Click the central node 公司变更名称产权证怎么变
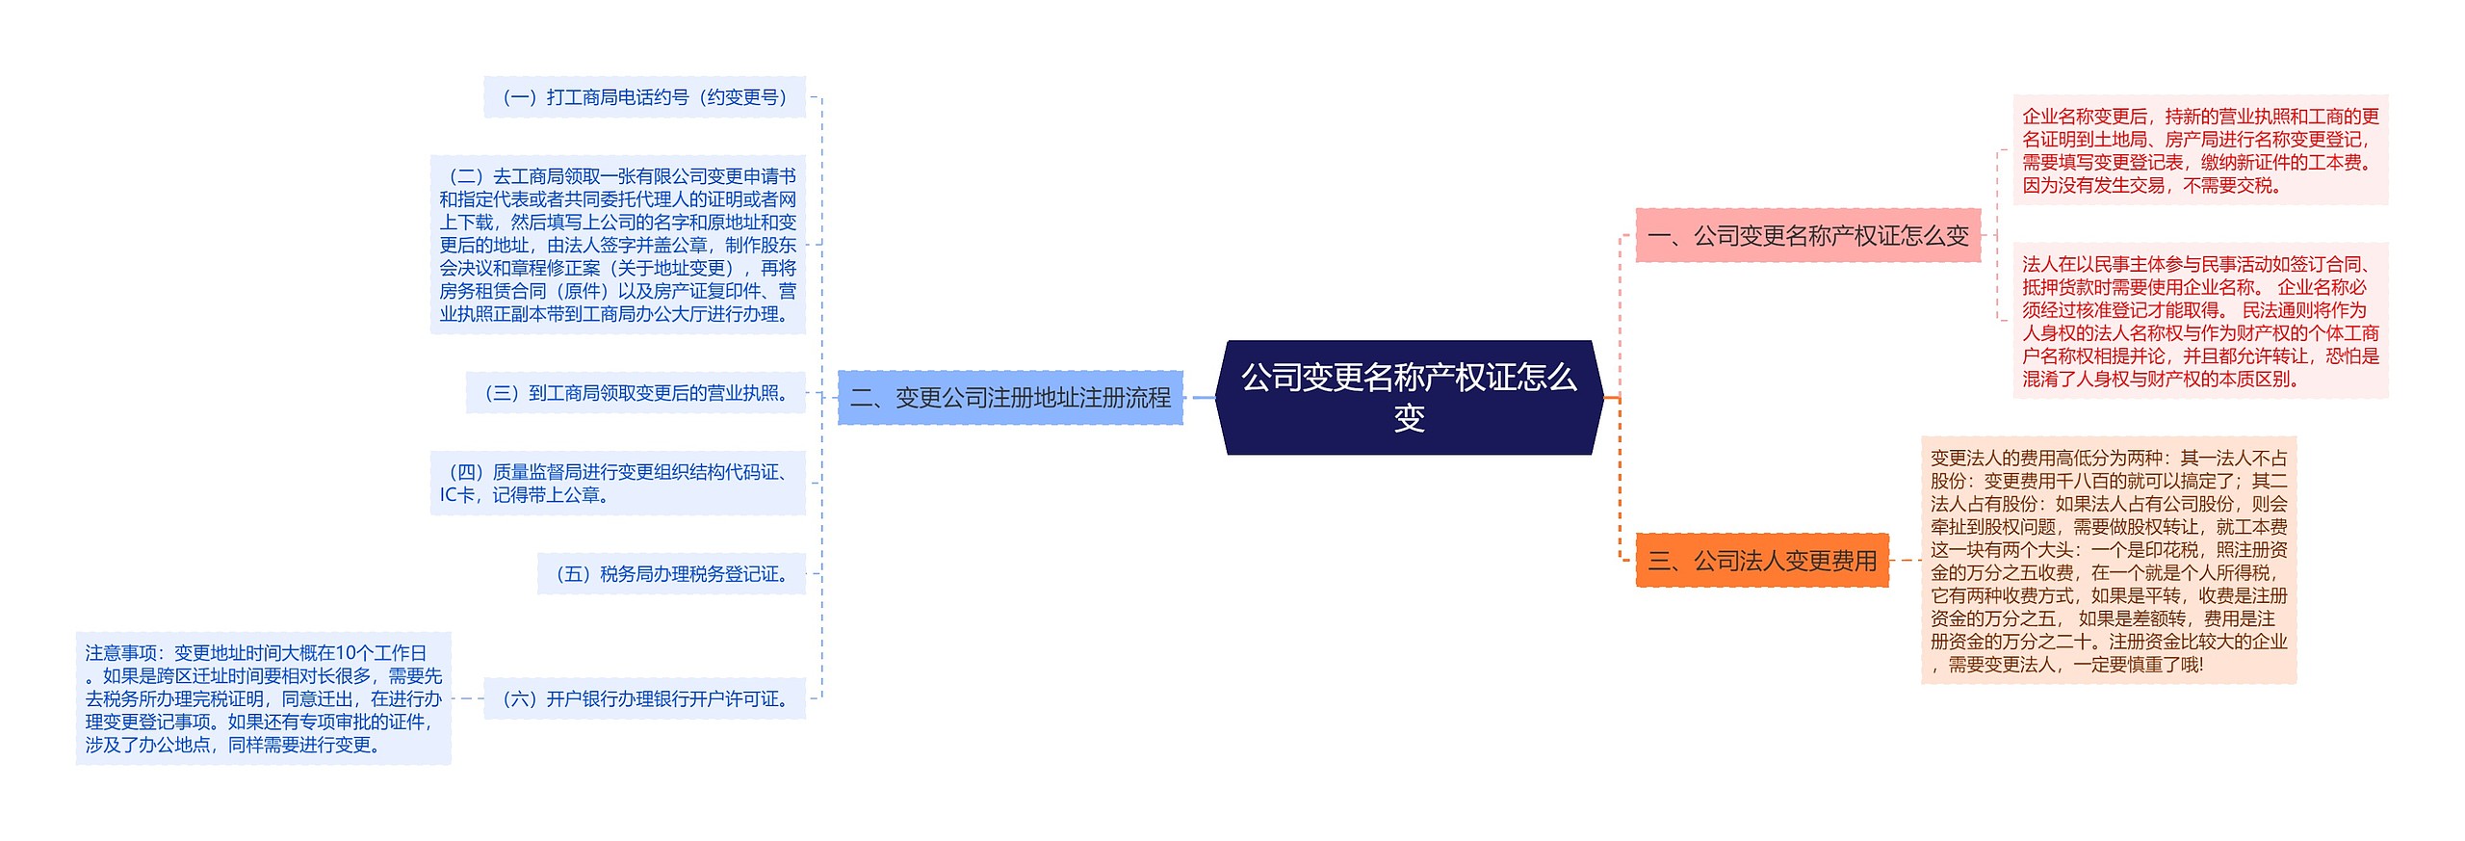click(x=1409, y=397)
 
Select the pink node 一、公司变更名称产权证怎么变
click(x=1807, y=235)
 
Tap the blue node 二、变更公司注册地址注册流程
click(x=1010, y=397)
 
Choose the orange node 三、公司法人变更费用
click(x=1762, y=560)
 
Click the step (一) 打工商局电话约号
click(x=644, y=97)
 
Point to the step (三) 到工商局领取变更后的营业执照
click(x=636, y=393)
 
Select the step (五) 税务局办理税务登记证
click(x=671, y=574)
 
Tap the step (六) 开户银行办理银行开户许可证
click(x=644, y=698)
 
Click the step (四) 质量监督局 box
click(x=617, y=483)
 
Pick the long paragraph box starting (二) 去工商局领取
click(x=617, y=245)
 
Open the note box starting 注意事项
click(x=263, y=698)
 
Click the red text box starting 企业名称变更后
click(x=2200, y=150)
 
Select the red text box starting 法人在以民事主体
click(x=2200, y=321)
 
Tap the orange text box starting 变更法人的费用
click(x=2109, y=560)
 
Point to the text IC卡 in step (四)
click(x=456, y=495)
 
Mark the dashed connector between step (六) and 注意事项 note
click(x=467, y=698)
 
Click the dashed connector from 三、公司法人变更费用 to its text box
click(x=1905, y=560)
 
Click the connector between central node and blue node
click(x=1203, y=397)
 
